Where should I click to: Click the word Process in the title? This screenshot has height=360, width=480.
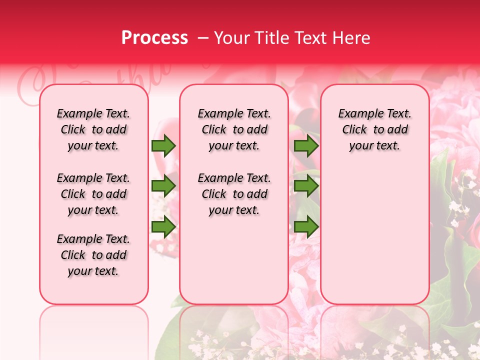[154, 38]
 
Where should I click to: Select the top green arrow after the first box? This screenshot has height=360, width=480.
[163, 146]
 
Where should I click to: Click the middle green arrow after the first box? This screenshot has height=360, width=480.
[163, 186]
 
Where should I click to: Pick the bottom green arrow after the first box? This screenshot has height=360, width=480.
[163, 227]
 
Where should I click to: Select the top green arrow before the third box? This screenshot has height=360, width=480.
[306, 146]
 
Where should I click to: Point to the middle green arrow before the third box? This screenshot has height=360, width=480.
[306, 186]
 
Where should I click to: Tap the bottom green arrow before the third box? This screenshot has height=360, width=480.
[306, 227]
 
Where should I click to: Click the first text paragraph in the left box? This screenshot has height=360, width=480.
[93, 129]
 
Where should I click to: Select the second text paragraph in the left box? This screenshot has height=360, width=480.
[93, 194]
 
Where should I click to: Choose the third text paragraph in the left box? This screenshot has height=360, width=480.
[93, 255]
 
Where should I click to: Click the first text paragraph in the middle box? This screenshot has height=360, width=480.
[234, 129]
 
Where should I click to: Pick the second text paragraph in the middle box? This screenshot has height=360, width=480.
[234, 194]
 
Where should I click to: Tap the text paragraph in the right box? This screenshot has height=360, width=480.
[375, 129]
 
